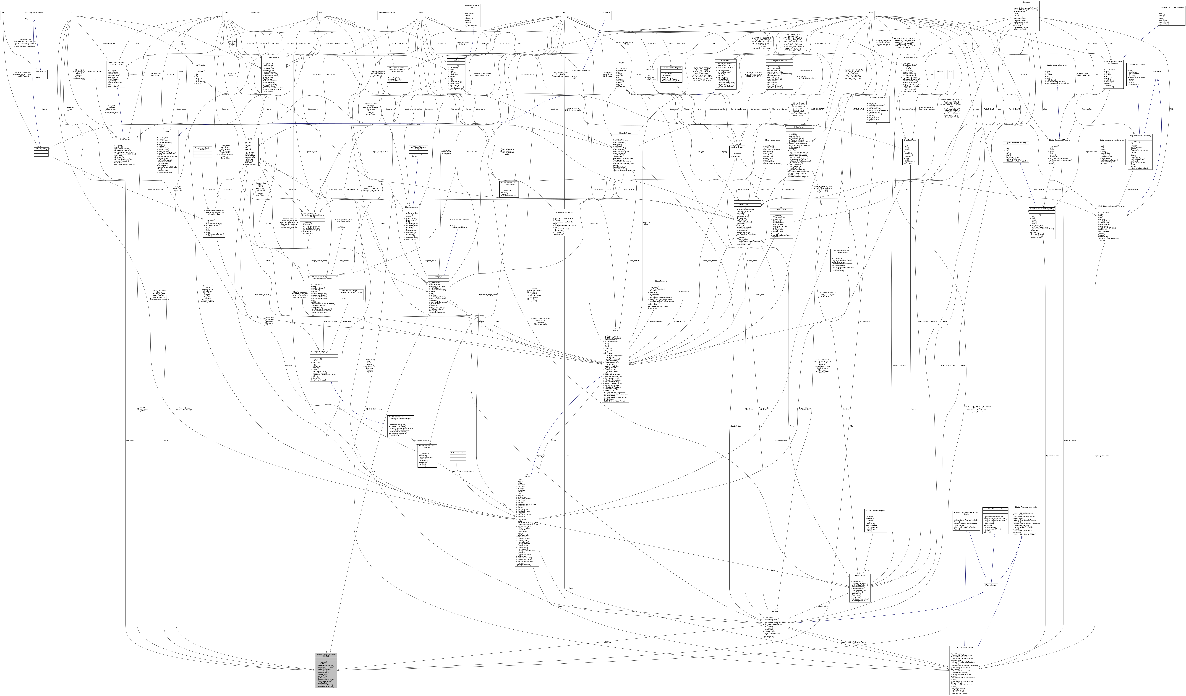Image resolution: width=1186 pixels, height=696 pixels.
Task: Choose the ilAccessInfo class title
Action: pyautogui.click(x=650, y=69)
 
